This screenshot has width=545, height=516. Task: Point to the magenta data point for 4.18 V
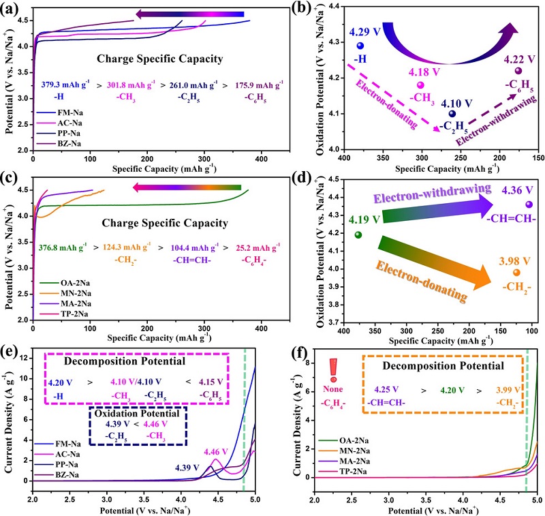(420, 85)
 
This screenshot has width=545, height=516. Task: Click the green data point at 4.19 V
(358, 235)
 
